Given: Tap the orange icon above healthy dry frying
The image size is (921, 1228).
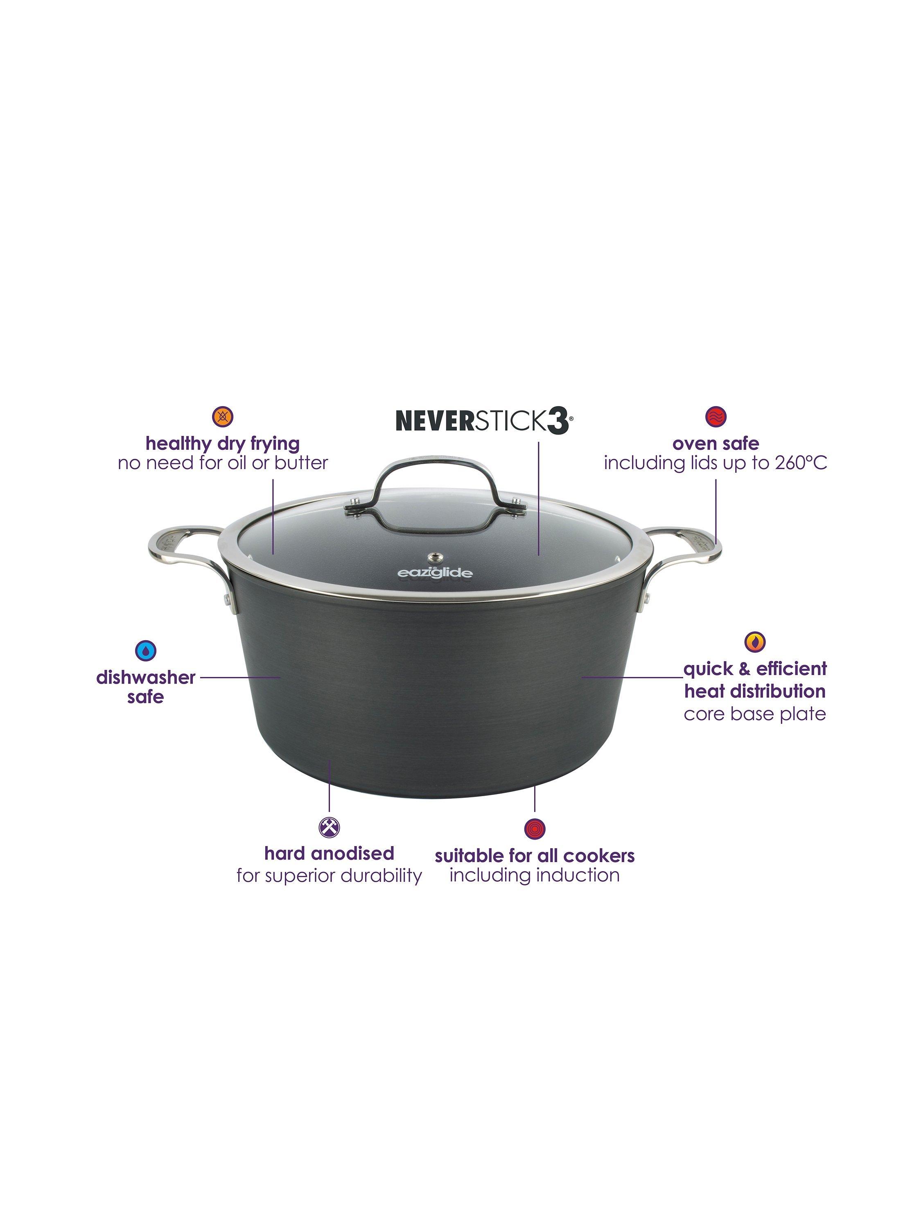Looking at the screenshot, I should (223, 416).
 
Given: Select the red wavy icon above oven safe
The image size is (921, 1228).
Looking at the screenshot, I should (716, 416).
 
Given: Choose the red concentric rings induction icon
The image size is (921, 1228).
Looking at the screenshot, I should (535, 829).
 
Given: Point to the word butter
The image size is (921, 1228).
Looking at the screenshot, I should (300, 463).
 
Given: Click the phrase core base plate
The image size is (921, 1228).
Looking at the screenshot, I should (754, 714).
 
